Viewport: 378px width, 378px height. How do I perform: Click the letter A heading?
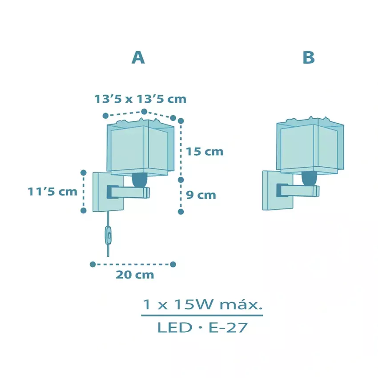(138, 58)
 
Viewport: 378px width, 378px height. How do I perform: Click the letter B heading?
(309, 58)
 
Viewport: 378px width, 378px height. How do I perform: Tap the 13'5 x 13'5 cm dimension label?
(140, 99)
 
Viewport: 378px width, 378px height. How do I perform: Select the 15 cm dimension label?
(205, 152)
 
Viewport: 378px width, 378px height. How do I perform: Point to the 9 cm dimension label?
(201, 195)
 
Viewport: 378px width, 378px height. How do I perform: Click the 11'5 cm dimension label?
(52, 192)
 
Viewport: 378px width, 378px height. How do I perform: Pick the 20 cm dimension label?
(135, 275)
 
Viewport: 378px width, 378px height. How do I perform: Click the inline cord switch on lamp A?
(108, 235)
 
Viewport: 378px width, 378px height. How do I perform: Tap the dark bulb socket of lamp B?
(310, 179)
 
